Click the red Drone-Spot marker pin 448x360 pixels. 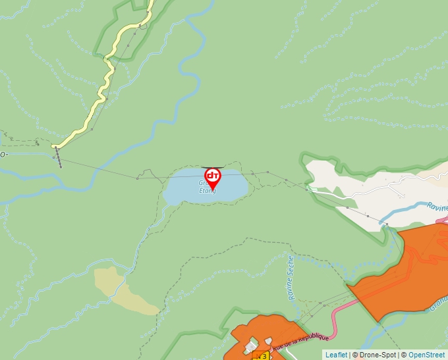[212, 176]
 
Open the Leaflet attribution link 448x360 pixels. [336, 355]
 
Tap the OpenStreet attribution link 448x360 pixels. [427, 355]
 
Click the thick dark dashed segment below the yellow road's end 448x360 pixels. [59, 158]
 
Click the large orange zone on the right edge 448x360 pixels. [408, 270]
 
